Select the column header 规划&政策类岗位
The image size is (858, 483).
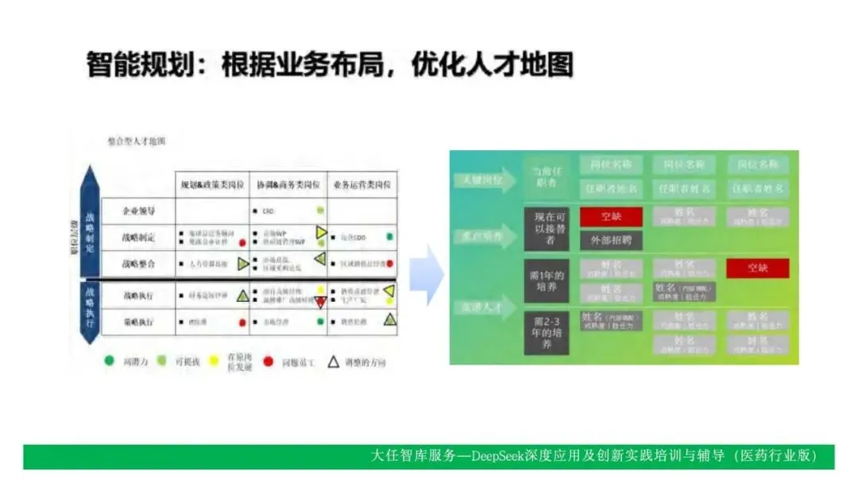[211, 185]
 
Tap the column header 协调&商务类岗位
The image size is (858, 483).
[287, 185]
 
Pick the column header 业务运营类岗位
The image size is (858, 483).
[361, 185]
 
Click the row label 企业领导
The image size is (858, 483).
[139, 211]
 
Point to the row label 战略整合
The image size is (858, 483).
[139, 264]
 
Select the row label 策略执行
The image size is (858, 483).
[139, 322]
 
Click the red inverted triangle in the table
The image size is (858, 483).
[320, 302]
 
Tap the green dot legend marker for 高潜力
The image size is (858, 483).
[110, 361]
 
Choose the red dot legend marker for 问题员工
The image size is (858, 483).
[269, 361]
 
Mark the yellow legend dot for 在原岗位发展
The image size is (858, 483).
[212, 361]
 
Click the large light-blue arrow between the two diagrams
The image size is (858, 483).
[428, 275]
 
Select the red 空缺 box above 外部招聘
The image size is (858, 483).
[610, 217]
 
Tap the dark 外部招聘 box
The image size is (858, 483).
[610, 239]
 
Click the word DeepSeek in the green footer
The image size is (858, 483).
[499, 456]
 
